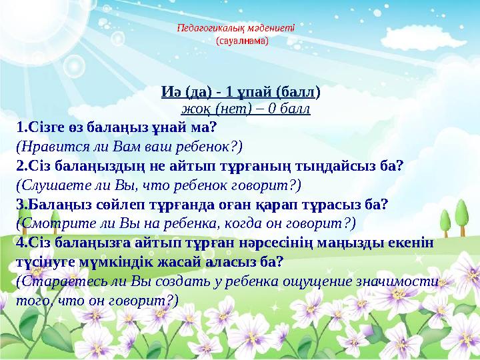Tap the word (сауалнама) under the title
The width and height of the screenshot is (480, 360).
click(242, 41)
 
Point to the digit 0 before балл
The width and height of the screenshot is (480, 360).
click(271, 109)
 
